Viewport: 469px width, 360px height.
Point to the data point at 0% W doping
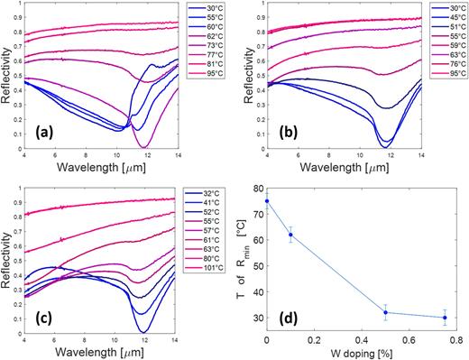[x=267, y=200]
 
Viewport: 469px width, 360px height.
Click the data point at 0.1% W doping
[x=290, y=235]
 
